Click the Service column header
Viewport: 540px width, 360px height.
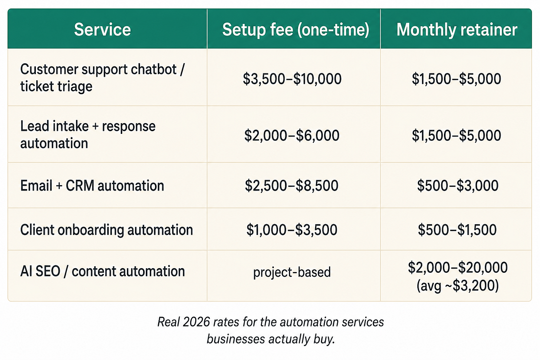(x=102, y=30)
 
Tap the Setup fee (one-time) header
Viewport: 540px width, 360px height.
(x=295, y=30)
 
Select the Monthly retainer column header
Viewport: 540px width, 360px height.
(x=457, y=30)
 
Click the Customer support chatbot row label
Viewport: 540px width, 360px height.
(x=102, y=78)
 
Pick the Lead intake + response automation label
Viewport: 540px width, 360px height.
(x=88, y=135)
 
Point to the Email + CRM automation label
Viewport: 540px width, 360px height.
(x=92, y=186)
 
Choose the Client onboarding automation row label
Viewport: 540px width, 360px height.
(x=106, y=230)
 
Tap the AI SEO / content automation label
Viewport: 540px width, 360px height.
(x=103, y=271)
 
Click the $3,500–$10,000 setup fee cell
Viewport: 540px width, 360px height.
(x=292, y=79)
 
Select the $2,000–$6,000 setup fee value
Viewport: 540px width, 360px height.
(x=292, y=135)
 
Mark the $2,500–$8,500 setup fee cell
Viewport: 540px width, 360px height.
(x=292, y=186)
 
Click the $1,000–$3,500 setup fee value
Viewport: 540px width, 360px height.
(x=292, y=230)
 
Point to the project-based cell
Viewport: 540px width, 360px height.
(x=292, y=272)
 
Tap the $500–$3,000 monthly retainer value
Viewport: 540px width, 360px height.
(x=457, y=186)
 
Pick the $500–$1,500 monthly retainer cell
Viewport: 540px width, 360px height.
(x=457, y=230)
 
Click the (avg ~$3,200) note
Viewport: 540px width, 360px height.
(x=457, y=286)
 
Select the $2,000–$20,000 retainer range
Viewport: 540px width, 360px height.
(x=457, y=268)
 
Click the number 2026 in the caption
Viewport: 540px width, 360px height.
(x=196, y=322)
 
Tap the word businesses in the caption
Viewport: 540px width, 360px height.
(x=236, y=339)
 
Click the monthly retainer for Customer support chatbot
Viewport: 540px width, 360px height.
(x=456, y=79)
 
